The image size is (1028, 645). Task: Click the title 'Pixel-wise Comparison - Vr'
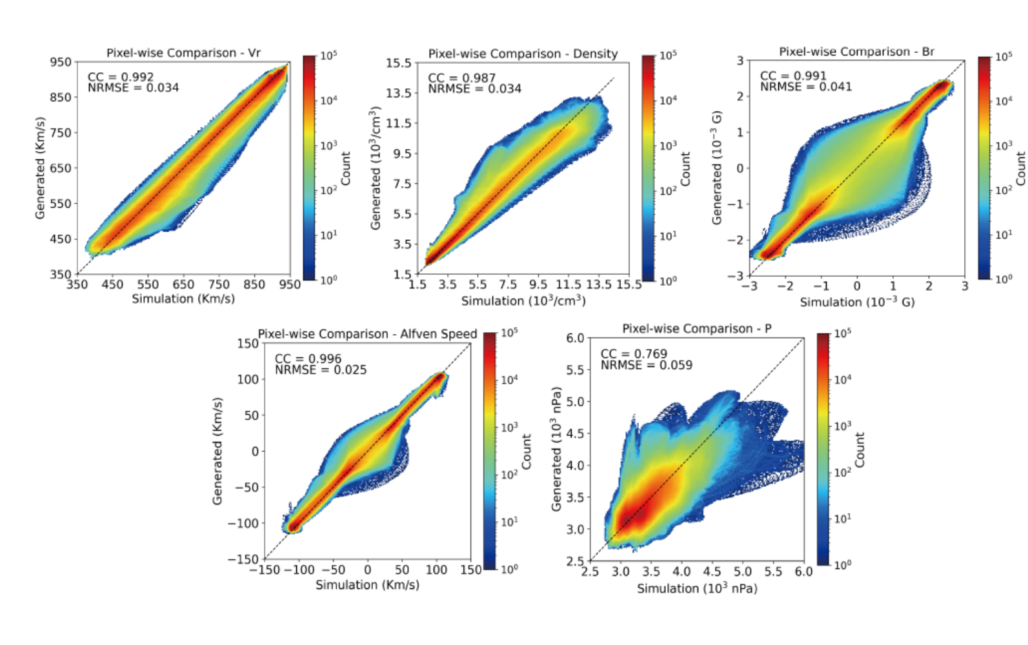click(x=183, y=53)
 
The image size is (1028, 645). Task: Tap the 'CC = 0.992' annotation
click(x=121, y=77)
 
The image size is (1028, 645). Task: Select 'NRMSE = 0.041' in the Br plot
click(x=805, y=86)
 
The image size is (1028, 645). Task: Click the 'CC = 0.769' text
click(x=634, y=353)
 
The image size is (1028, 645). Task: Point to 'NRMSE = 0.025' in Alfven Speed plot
click(x=320, y=370)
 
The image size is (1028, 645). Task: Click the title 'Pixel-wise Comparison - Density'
click(x=523, y=54)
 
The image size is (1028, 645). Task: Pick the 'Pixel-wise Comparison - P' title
click(x=696, y=328)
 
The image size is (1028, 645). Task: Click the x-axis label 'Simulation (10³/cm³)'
click(x=523, y=301)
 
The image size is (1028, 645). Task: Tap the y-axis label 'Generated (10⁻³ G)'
click(x=717, y=168)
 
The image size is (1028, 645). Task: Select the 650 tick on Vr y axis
click(x=61, y=168)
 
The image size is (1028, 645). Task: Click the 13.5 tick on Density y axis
click(x=398, y=93)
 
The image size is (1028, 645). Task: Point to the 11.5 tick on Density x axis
click(x=568, y=284)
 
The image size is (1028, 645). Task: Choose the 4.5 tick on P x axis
click(x=712, y=571)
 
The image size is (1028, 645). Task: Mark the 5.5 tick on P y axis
click(x=574, y=370)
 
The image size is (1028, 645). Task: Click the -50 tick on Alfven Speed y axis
click(x=246, y=487)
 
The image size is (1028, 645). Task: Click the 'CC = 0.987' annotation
click(x=461, y=78)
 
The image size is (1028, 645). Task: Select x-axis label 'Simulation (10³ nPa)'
click(x=697, y=588)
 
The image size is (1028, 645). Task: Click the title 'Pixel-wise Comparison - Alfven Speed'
click(x=367, y=334)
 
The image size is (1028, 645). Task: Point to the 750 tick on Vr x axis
click(x=219, y=284)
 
